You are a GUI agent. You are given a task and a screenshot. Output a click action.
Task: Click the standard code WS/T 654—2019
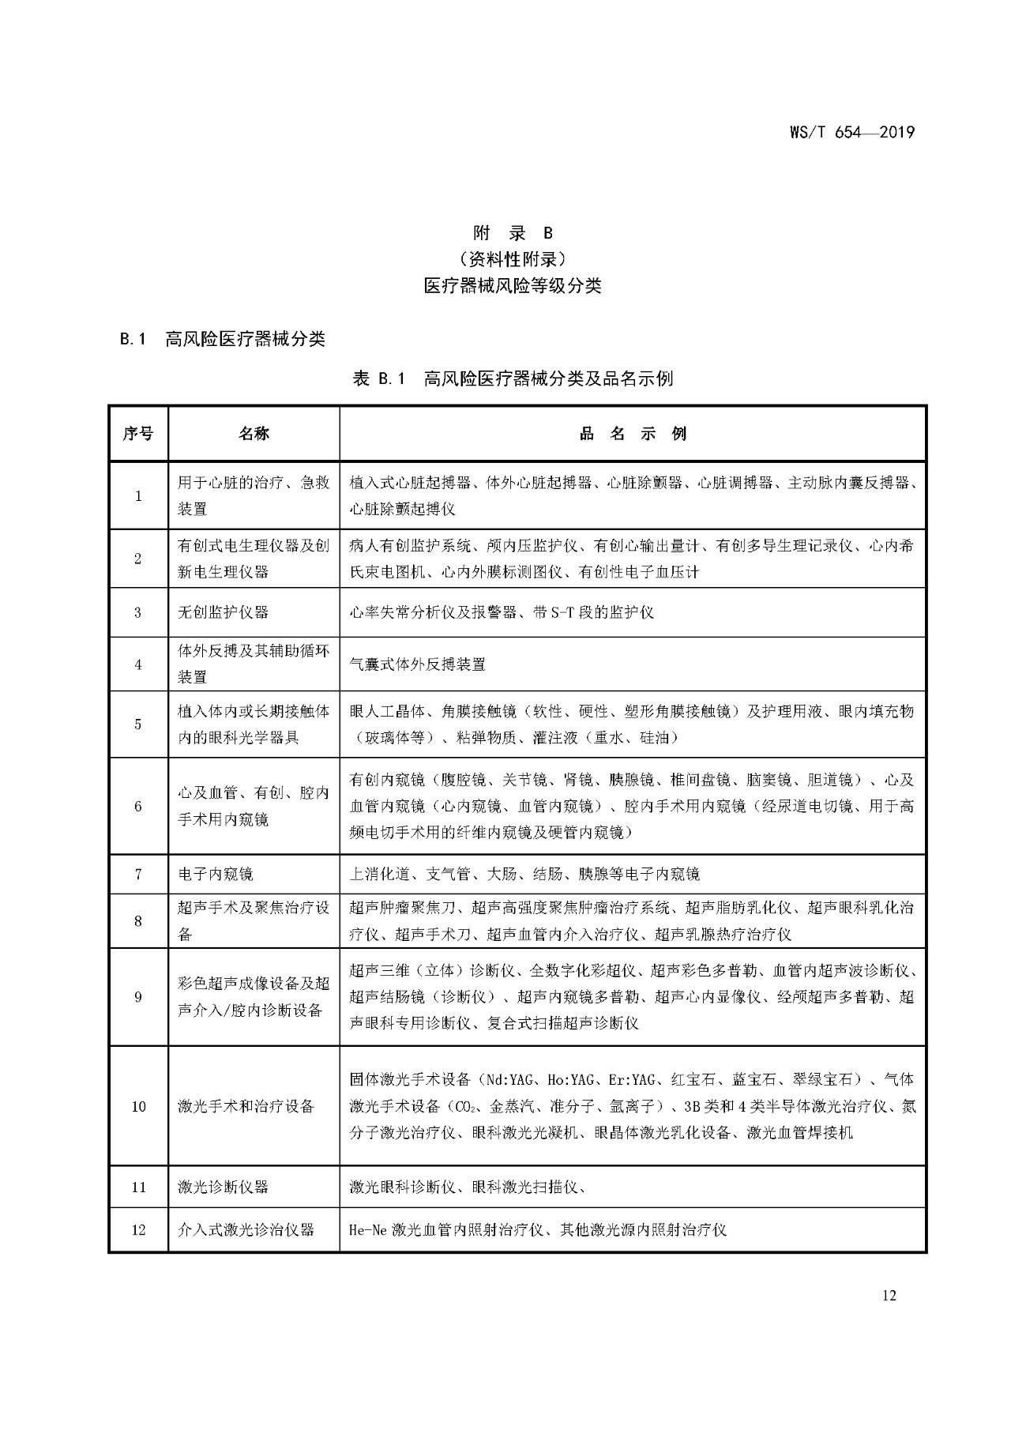click(x=851, y=132)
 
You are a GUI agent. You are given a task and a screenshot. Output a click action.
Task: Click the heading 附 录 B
click(x=513, y=233)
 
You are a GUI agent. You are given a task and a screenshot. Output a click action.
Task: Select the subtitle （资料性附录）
click(x=513, y=259)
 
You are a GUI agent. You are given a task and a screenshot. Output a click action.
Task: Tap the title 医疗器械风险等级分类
click(x=513, y=286)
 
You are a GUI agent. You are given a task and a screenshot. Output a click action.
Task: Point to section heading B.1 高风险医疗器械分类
click(x=223, y=340)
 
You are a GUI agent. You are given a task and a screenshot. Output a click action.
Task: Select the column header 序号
click(x=138, y=434)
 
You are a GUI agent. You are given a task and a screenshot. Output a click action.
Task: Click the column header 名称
click(x=254, y=434)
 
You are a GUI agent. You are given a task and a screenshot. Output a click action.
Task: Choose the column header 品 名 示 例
click(x=633, y=434)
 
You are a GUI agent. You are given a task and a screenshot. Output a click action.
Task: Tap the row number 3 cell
click(x=138, y=612)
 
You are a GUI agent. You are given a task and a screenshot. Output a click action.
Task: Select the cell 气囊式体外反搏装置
click(x=418, y=664)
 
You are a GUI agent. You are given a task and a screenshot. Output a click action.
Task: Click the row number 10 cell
click(x=138, y=1106)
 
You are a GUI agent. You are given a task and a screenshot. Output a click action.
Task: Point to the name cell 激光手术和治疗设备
click(x=246, y=1106)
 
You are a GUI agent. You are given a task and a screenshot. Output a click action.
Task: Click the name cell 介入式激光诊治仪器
click(x=246, y=1230)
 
